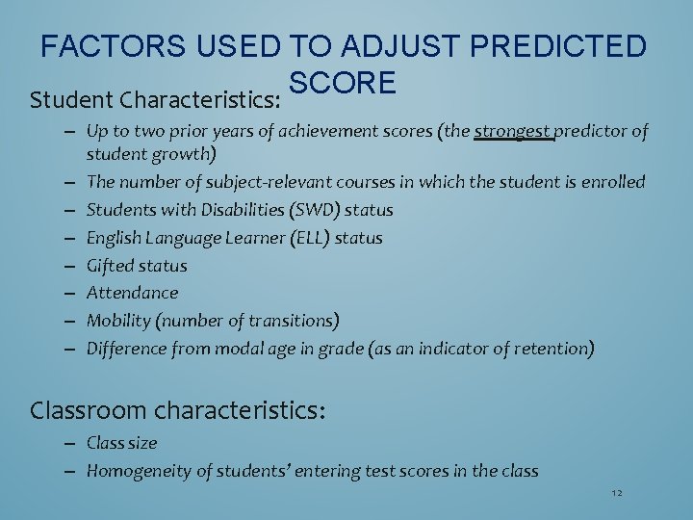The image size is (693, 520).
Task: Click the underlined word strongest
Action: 514,131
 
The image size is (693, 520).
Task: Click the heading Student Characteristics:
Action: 155,99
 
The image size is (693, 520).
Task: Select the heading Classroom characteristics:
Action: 178,410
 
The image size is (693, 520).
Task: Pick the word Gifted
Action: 111,265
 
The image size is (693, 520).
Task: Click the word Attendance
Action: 132,292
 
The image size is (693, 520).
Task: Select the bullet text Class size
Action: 121,443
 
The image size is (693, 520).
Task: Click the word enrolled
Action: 612,181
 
